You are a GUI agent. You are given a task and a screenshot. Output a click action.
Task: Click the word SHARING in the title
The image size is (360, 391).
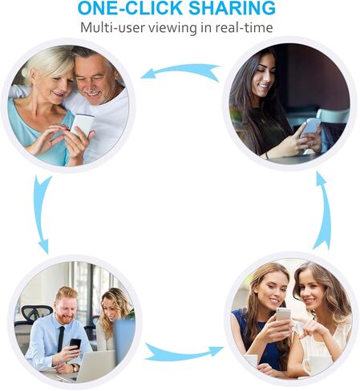pyautogui.click(x=232, y=8)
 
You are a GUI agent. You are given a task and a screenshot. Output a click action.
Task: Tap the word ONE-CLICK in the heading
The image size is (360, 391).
pyautogui.click(x=130, y=8)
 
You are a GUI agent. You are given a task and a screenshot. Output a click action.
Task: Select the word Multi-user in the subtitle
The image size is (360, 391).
pyautogui.click(x=111, y=27)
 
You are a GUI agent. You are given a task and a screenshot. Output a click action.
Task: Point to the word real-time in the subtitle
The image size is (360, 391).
pyautogui.click(x=244, y=27)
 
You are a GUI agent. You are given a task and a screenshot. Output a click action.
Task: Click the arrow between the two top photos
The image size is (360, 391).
pyautogui.click(x=180, y=70)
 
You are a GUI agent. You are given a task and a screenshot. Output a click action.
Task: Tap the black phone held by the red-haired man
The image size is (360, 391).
pyautogui.click(x=75, y=345)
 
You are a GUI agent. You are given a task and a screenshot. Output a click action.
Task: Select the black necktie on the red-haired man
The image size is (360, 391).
pyautogui.click(x=61, y=339)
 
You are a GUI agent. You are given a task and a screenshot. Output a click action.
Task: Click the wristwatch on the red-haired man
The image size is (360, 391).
pyautogui.click(x=75, y=368)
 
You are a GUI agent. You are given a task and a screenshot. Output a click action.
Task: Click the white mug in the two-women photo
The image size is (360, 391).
pyautogui.click(x=319, y=365)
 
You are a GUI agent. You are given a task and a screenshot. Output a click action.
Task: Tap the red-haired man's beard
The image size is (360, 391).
pyautogui.click(x=65, y=318)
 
